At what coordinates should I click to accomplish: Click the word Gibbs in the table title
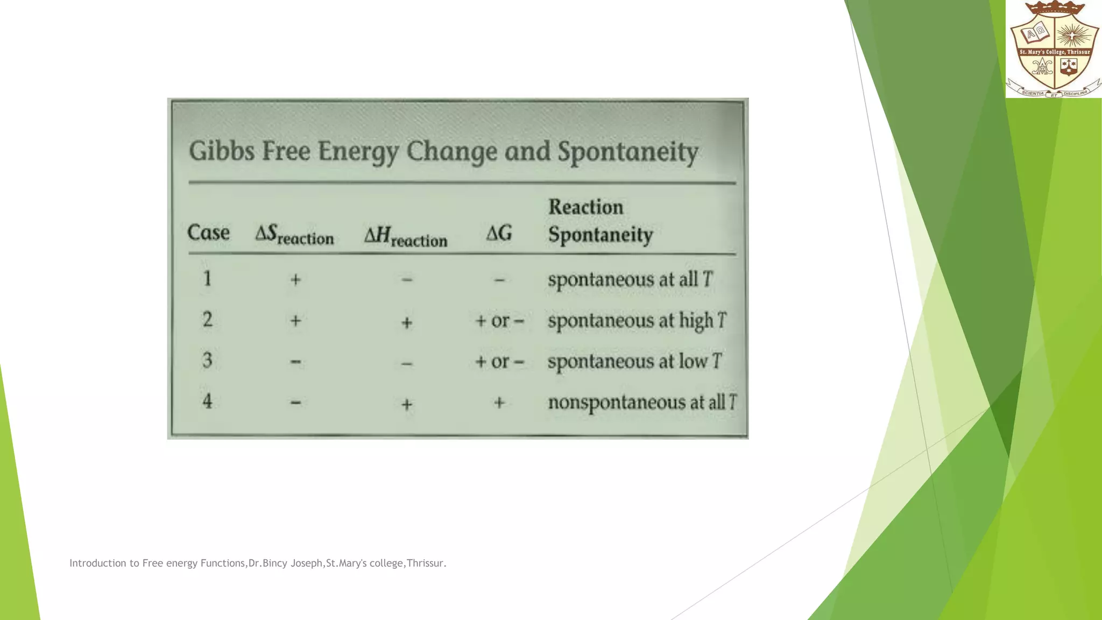coord(221,151)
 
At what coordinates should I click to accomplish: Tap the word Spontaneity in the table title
coord(627,152)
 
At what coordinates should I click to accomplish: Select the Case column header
coord(208,233)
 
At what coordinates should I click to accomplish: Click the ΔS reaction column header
coord(294,235)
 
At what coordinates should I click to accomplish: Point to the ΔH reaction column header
coord(406,236)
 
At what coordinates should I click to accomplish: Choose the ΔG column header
coord(499,234)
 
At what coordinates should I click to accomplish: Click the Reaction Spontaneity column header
coord(600,221)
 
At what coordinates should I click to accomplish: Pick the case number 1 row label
coord(207,279)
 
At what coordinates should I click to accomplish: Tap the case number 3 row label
coord(207,360)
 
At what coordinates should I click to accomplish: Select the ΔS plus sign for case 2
coord(295,321)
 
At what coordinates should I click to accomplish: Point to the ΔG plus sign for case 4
coord(499,403)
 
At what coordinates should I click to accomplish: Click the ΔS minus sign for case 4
coord(295,402)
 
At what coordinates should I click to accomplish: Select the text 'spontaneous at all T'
coord(630,280)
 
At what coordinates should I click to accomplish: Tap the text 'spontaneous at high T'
coord(637,321)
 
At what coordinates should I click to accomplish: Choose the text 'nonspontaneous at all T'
coord(642,403)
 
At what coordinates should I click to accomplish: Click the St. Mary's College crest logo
coord(1054,49)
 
